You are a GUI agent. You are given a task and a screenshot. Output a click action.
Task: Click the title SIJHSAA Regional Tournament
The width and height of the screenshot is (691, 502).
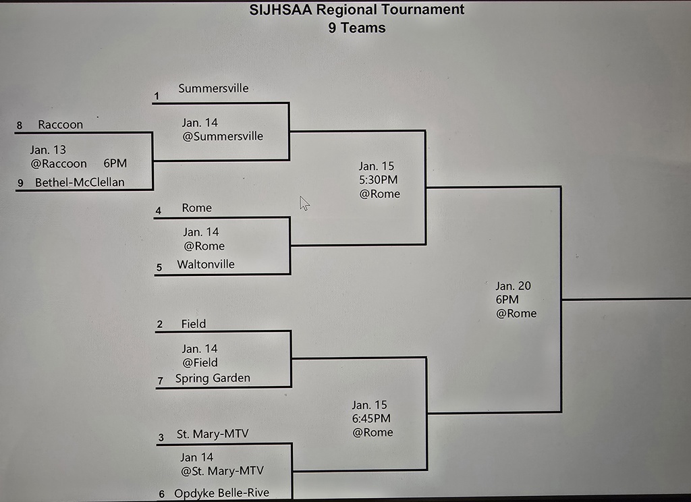pos(357,9)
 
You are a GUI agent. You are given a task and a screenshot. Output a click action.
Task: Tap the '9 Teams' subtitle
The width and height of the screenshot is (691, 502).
pos(357,28)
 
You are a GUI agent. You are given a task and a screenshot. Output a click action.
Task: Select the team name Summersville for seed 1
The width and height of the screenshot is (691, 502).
pos(213,88)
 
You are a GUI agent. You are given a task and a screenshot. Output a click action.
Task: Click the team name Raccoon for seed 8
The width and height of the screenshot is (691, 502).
pos(60,125)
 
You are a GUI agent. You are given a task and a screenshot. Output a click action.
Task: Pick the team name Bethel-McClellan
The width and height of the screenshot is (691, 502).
pos(80,182)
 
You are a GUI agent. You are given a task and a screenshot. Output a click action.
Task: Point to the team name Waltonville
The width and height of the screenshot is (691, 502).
pos(206,264)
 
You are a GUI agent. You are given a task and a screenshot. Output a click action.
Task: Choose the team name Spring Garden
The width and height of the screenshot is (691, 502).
pos(213,379)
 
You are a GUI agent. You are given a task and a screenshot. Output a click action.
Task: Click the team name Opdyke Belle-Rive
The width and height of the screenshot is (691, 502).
pos(221,493)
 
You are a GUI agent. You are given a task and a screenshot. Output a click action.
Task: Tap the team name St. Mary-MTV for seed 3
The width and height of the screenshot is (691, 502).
pos(213,435)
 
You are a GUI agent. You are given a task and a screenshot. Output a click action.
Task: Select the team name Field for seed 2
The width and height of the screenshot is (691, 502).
pos(194,324)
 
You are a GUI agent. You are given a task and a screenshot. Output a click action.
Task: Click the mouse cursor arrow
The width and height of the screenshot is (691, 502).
pos(304,203)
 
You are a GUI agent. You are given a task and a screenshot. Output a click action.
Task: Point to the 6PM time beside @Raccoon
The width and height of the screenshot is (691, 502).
pos(115,163)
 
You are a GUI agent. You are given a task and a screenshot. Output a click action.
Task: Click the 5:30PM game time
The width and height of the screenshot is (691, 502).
pos(378,180)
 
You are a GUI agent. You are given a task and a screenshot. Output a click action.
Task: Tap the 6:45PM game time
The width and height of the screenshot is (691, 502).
pos(371,419)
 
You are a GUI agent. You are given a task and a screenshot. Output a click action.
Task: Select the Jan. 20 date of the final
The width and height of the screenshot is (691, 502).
pos(513,286)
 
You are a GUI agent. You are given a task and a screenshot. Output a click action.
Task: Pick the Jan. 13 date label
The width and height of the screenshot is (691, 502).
pos(48,150)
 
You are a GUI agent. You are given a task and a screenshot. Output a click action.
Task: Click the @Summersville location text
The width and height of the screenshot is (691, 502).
pos(223,136)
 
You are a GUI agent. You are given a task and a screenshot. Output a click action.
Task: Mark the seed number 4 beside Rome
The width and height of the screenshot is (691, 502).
pos(159,211)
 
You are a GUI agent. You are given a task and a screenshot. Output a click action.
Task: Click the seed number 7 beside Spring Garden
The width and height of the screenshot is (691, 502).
pos(161,381)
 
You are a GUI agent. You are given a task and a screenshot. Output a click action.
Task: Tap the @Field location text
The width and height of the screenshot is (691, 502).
pos(200,363)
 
